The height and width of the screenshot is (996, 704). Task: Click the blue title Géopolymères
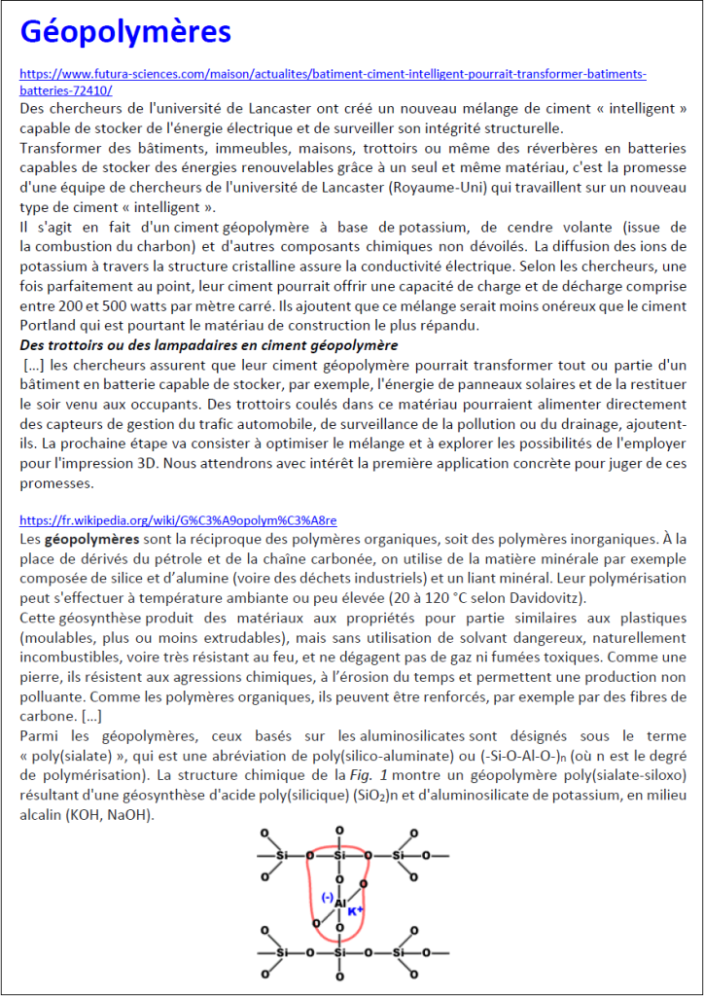click(125, 32)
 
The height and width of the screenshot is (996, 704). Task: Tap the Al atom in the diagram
click(339, 904)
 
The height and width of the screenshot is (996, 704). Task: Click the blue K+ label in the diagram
click(355, 911)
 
